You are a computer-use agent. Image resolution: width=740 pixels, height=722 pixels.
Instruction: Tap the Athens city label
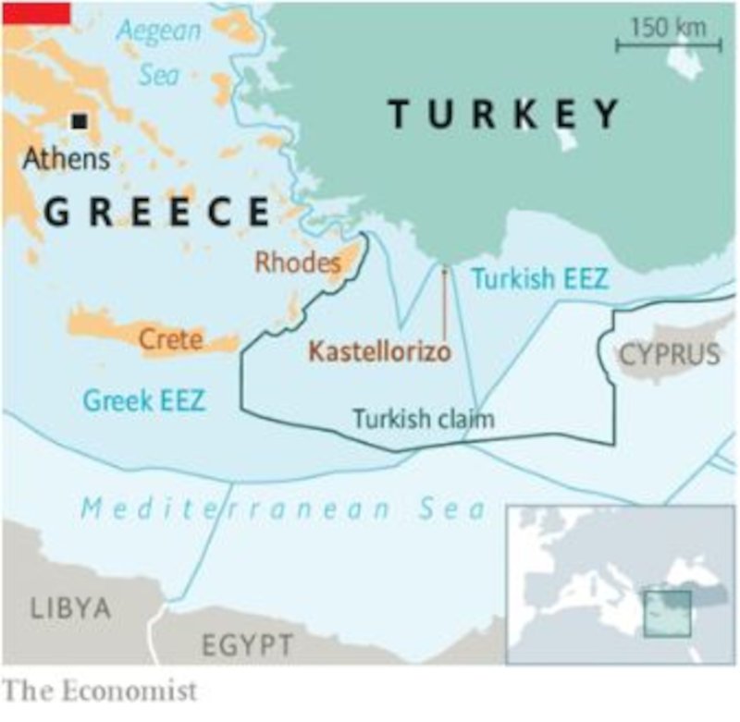click(66, 158)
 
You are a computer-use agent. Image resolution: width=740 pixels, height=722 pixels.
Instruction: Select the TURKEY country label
click(504, 114)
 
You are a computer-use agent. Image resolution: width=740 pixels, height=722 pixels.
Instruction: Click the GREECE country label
click(156, 212)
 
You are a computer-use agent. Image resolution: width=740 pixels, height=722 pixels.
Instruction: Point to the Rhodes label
click(298, 263)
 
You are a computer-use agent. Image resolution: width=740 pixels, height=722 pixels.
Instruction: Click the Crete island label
click(170, 339)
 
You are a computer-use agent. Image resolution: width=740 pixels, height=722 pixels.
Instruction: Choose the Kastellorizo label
click(379, 352)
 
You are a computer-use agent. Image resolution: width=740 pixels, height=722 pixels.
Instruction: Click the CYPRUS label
click(669, 353)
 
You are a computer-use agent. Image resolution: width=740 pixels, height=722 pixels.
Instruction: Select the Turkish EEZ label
click(540, 278)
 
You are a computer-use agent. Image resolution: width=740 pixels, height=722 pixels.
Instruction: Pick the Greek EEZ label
click(144, 400)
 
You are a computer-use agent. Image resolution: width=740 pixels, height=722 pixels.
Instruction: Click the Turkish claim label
click(423, 418)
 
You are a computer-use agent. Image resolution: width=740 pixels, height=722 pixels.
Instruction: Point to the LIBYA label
click(70, 608)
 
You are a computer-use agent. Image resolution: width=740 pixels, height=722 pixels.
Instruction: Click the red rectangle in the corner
click(35, 11)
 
